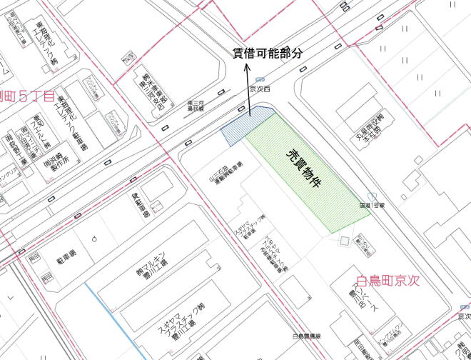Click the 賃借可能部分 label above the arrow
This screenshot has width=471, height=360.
[267, 53]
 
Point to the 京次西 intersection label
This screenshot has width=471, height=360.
[260, 89]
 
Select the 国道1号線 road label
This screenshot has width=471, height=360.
[372, 205]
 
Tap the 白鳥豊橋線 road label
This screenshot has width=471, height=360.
[306, 335]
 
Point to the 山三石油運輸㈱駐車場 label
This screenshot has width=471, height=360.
[225, 171]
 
